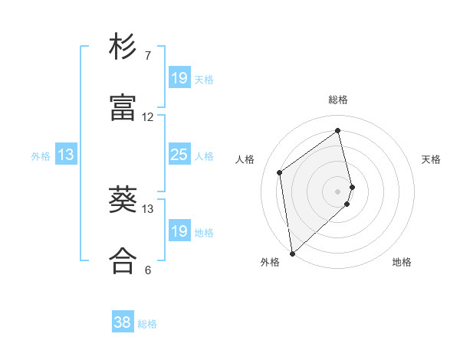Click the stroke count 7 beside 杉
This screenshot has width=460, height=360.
pyautogui.click(x=147, y=56)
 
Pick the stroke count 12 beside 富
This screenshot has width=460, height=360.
pyautogui.click(x=148, y=117)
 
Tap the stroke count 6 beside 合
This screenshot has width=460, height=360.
pyautogui.click(x=147, y=270)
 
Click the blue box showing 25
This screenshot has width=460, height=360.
pyautogui.click(x=179, y=155)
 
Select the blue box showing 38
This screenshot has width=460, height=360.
pyautogui.click(x=123, y=323)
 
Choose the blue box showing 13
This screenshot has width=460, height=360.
pyautogui.click(x=66, y=155)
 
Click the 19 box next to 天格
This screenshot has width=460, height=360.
pyautogui.click(x=179, y=78)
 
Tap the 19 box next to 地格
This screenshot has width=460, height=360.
pyautogui.click(x=179, y=231)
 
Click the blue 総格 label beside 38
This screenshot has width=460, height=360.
pyautogui.click(x=147, y=324)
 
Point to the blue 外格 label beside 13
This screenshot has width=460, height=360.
pyautogui.click(x=41, y=156)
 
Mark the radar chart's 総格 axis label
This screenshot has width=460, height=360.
pyautogui.click(x=338, y=100)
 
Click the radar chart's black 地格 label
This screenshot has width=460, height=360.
pyautogui.click(x=402, y=262)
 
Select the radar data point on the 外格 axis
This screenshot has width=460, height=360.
pyautogui.click(x=292, y=254)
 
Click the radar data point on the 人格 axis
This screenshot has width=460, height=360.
pyautogui.click(x=280, y=172)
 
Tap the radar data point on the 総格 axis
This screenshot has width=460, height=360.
pyautogui.click(x=338, y=130)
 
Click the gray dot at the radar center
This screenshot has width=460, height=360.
pyautogui.click(x=338, y=191)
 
